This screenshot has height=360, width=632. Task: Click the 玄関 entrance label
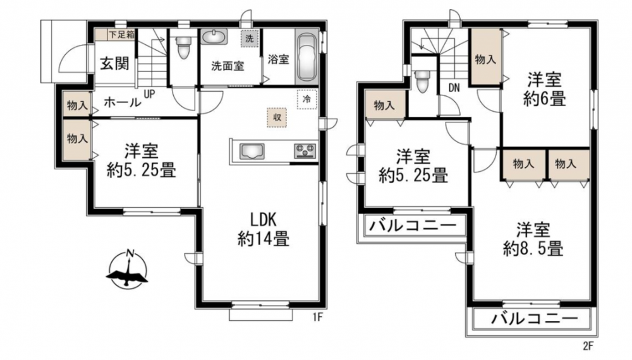click(x=115, y=63)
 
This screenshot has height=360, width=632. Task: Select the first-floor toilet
click(x=183, y=47)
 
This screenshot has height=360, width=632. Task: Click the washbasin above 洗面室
click(x=214, y=37)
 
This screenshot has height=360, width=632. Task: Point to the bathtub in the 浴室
click(x=307, y=57)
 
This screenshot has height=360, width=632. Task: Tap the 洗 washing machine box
click(x=250, y=39)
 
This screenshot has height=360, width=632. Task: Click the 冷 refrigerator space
click(x=307, y=99)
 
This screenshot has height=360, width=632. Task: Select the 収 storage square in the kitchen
click(x=277, y=117)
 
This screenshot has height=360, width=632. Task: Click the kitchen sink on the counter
click(x=252, y=152)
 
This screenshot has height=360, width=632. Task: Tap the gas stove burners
click(x=305, y=152)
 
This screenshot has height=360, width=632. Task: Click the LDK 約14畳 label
click(x=264, y=230)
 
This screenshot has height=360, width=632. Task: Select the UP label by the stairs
click(x=150, y=95)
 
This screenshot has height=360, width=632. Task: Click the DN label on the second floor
click(x=454, y=88)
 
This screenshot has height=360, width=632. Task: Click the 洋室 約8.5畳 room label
click(x=533, y=239)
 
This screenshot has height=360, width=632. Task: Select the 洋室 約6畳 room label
click(x=545, y=89)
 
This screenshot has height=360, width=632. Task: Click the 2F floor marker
click(x=588, y=345)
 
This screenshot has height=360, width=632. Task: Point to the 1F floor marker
click(x=318, y=318)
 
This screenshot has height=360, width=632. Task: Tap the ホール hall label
click(x=123, y=102)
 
